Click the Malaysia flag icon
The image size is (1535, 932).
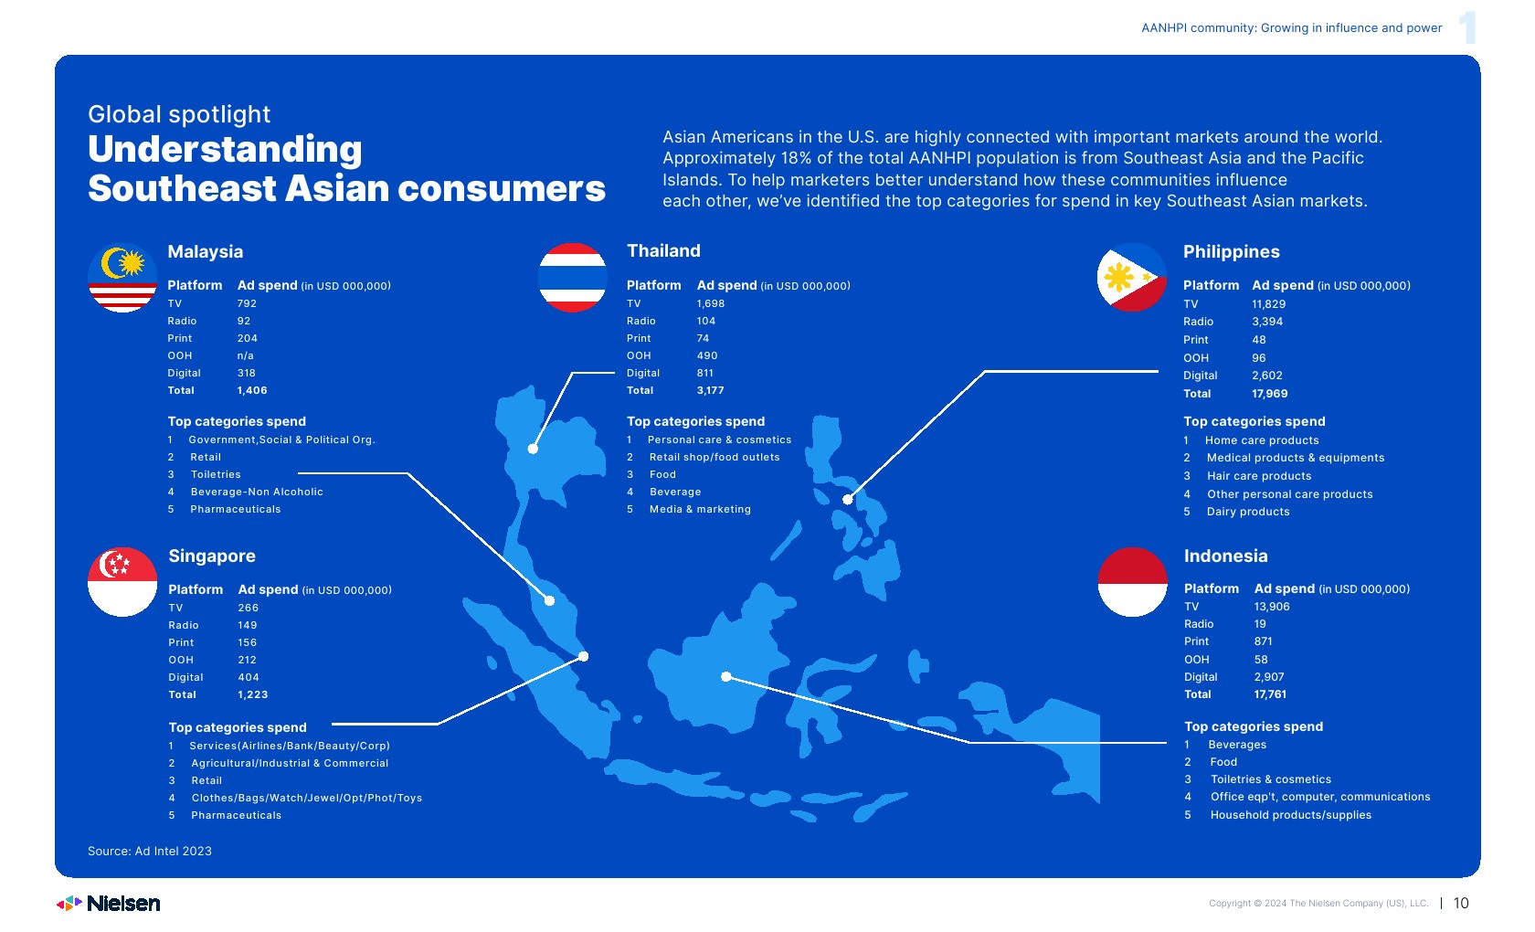tap(122, 278)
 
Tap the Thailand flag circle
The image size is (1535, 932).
tap(572, 278)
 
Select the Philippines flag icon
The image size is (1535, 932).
tap(1131, 278)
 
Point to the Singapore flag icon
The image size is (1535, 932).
tap(122, 582)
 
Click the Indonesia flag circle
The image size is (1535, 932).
tap(1132, 582)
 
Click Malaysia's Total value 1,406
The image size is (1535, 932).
tap(252, 391)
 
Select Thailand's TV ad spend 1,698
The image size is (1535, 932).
tap(711, 303)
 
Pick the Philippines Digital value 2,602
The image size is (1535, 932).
tap(1267, 376)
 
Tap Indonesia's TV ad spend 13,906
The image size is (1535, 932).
tap(1272, 607)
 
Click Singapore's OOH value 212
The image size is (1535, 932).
tap(248, 660)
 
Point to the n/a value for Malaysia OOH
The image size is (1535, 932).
tap(245, 355)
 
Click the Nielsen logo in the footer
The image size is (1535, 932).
tap(108, 903)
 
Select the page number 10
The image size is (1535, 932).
tap(1461, 903)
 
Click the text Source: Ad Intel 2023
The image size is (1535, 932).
tap(150, 852)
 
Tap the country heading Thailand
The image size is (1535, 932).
tap(663, 250)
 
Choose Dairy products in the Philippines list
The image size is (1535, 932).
tap(1248, 512)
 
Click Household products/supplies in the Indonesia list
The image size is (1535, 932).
tap(1291, 815)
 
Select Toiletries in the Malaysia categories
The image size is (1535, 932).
tap(216, 474)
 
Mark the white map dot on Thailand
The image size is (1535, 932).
tap(534, 449)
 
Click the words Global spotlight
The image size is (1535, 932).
tap(179, 114)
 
